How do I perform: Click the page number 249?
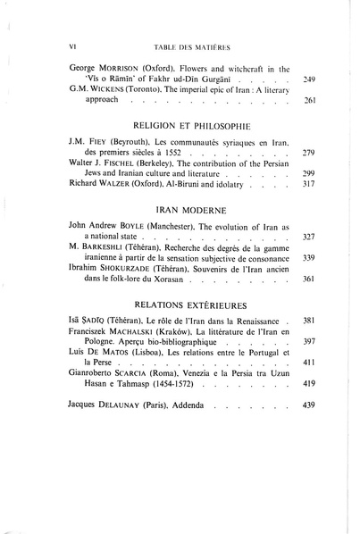pos(311,79)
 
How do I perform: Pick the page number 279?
pos(311,154)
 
